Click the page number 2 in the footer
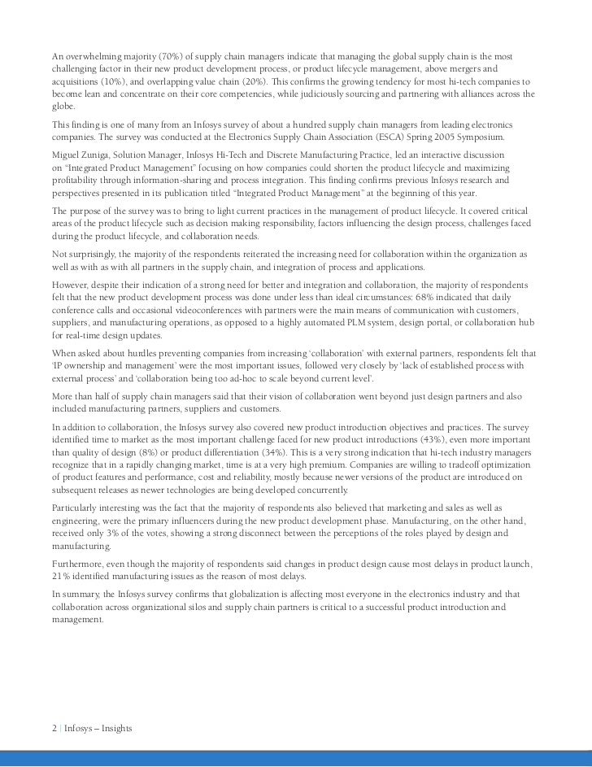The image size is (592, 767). pyautogui.click(x=53, y=727)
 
